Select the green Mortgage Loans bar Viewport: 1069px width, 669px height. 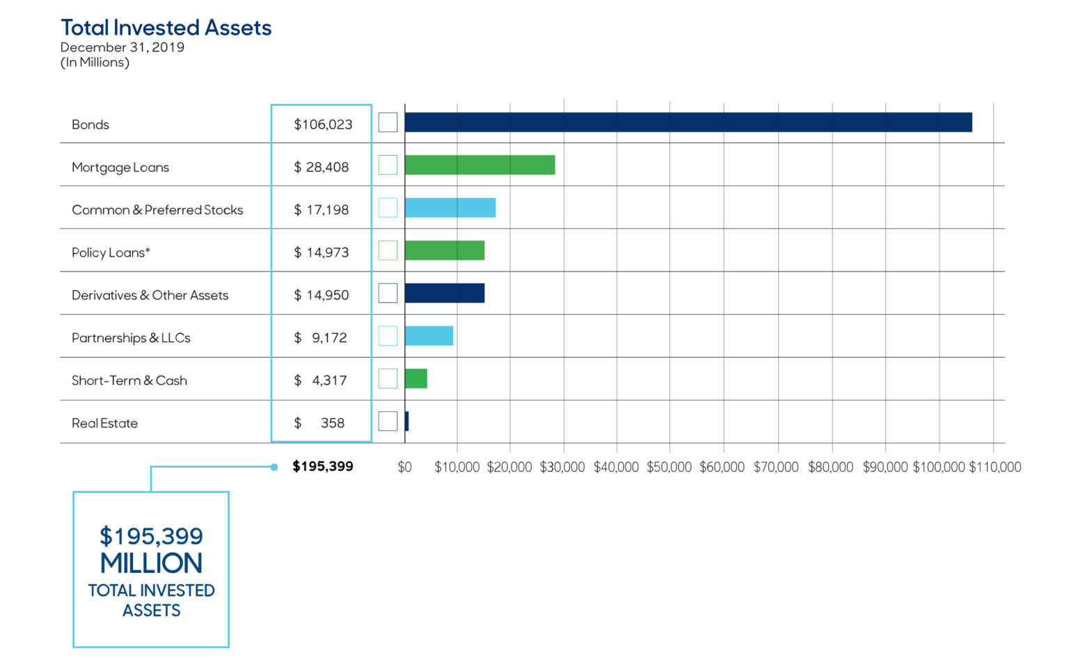click(x=480, y=165)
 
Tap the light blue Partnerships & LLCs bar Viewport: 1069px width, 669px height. click(x=429, y=336)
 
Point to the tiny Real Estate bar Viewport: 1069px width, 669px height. click(x=406, y=421)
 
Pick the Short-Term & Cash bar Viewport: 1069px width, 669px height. click(x=415, y=379)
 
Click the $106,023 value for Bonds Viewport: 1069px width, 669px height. click(x=323, y=125)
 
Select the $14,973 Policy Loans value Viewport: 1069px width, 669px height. click(x=322, y=253)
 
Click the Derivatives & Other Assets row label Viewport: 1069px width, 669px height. click(x=150, y=295)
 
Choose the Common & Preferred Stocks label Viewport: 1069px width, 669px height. click(x=157, y=210)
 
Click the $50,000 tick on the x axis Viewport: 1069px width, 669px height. click(x=669, y=467)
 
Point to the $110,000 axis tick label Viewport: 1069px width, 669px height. click(x=995, y=467)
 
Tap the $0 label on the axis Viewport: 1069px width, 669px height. click(x=404, y=467)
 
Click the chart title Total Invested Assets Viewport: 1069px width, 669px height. click(x=166, y=28)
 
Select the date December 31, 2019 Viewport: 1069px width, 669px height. click(x=122, y=47)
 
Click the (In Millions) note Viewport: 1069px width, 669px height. click(x=95, y=63)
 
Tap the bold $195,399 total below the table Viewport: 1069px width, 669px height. click(x=323, y=466)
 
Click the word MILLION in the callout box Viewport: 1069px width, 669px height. click(x=151, y=563)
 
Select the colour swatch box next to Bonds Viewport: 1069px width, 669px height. click(x=388, y=123)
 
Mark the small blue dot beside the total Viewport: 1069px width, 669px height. click(x=274, y=467)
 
